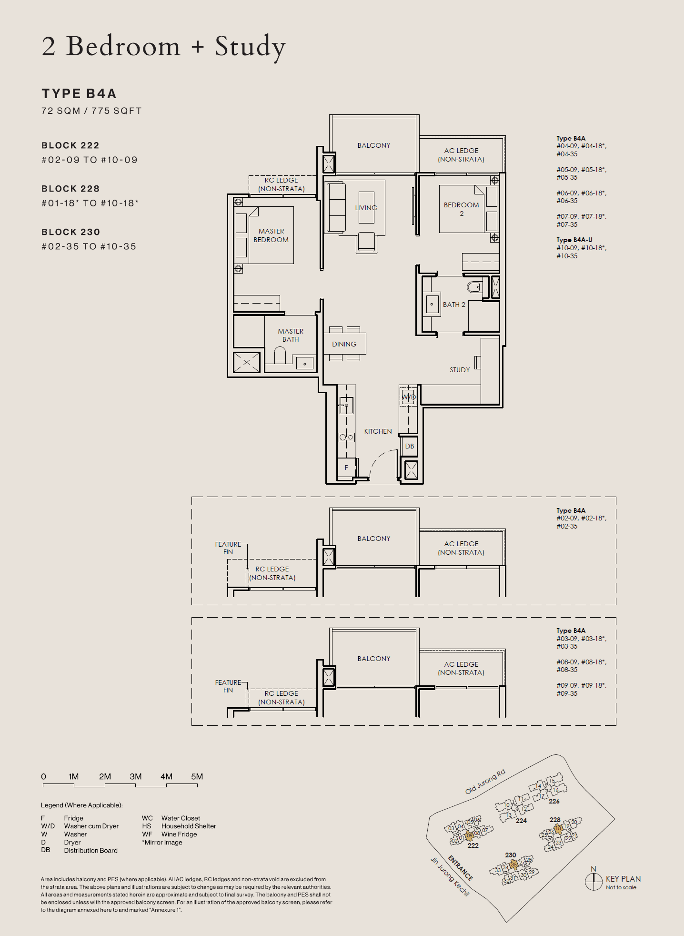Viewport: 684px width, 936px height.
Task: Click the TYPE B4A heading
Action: pos(79,93)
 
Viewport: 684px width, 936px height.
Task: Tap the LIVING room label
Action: pos(366,208)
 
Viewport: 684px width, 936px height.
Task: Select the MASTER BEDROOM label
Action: pos(271,235)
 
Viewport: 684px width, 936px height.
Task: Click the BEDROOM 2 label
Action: pos(461,209)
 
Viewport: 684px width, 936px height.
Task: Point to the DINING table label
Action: pos(344,344)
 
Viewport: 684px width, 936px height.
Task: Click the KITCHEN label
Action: pos(378,431)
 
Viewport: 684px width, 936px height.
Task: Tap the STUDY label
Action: pos(460,370)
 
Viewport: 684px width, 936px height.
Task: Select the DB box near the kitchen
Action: pos(410,447)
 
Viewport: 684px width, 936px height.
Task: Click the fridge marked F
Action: pos(346,468)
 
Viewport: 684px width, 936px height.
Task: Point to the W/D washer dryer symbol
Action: pos(409,397)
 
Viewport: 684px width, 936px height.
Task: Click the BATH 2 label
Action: pos(454,305)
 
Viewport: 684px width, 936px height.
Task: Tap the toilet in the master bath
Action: pos(280,355)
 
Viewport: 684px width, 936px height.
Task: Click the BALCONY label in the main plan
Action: pos(374,145)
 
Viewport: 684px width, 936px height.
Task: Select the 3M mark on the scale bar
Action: pos(136,776)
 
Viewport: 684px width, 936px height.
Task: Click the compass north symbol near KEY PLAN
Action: pos(593,881)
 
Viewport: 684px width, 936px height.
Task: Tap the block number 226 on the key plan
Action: pos(554,801)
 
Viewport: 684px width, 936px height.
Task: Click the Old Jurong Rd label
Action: pos(485,782)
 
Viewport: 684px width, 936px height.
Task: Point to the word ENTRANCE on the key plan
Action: pos(460,868)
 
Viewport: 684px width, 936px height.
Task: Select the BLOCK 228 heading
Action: pos(70,189)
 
